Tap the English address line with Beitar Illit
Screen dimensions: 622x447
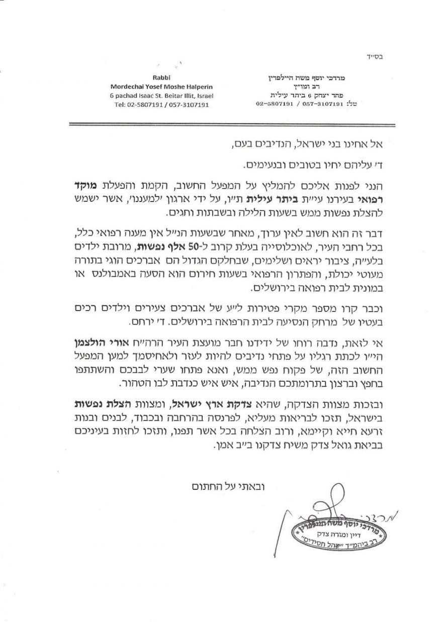point(158,95)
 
